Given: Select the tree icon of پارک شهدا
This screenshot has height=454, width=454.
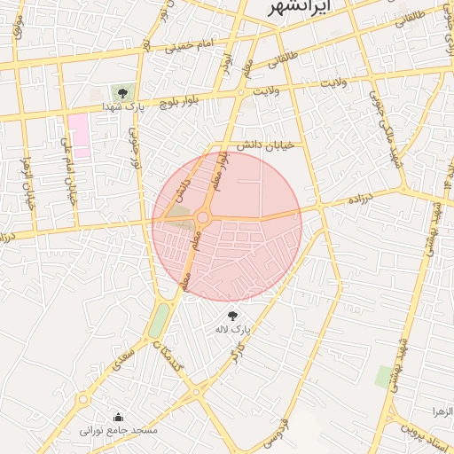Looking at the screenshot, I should tap(122, 91).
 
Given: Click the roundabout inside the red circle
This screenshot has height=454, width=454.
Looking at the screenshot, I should tap(203, 217).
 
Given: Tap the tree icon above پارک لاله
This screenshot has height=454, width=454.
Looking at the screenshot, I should tap(233, 316).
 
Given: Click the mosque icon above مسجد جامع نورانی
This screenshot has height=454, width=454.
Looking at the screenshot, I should tap(119, 418).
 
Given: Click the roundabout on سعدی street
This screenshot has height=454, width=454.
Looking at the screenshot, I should tap(82, 400).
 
